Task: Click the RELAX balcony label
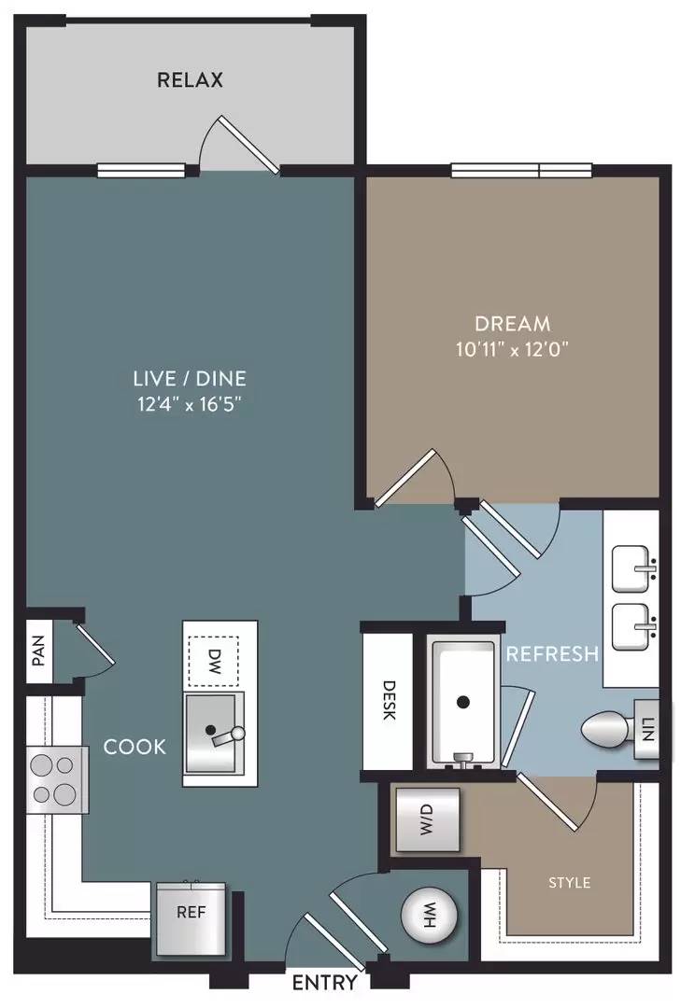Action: (190, 79)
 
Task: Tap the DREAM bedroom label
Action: (512, 323)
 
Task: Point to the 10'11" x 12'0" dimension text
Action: (512, 349)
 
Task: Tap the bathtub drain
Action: (462, 702)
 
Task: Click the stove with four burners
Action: (57, 779)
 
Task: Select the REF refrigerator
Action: (191, 918)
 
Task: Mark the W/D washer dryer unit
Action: (427, 820)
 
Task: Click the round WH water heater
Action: (429, 915)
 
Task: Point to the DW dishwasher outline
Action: (214, 661)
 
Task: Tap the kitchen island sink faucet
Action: (229, 736)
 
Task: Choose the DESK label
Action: (388, 700)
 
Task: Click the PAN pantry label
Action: (38, 651)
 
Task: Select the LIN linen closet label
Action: (647, 730)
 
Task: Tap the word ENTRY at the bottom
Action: (324, 982)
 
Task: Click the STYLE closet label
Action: (570, 883)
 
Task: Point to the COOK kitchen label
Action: (135, 747)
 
